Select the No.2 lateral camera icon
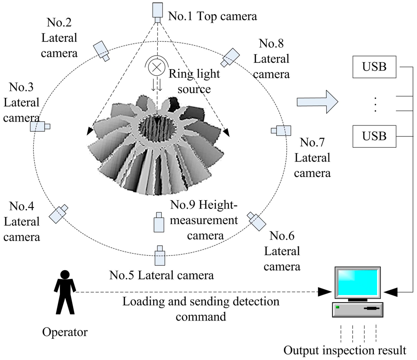(101, 50)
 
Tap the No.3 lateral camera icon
(40, 127)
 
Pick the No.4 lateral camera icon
(59, 214)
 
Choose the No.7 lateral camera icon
(282, 130)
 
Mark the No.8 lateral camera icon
(230, 57)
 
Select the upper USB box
(374, 67)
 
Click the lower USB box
(374, 136)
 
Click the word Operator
(65, 332)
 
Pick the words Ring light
(194, 74)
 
